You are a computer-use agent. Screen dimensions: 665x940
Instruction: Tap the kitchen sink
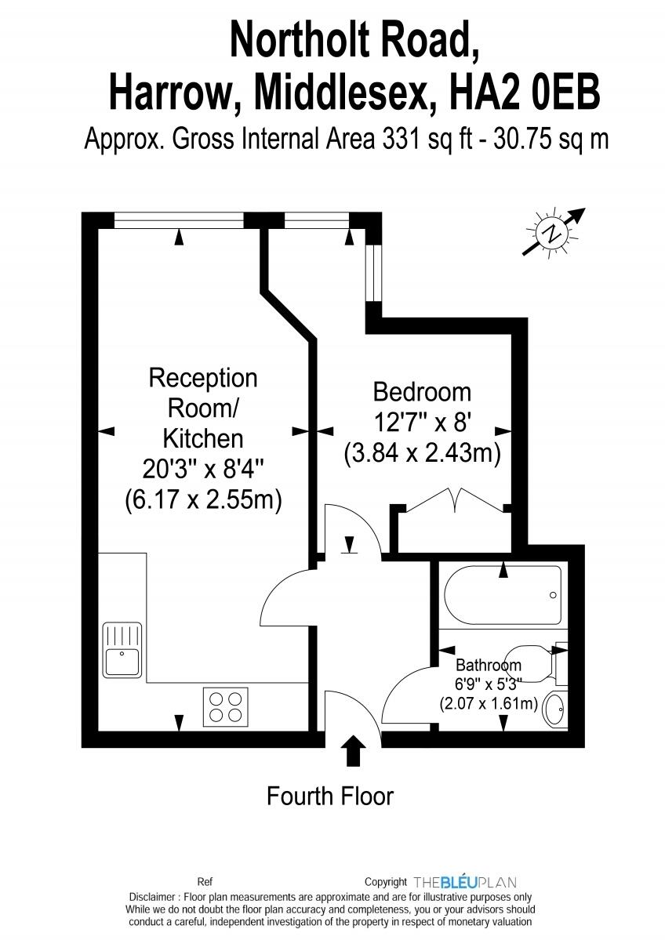pyautogui.click(x=122, y=651)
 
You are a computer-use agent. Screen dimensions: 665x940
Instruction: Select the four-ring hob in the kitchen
pyautogui.click(x=226, y=707)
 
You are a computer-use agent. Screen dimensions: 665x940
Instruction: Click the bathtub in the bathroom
pyautogui.click(x=503, y=595)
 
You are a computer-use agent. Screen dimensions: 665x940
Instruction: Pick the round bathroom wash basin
pyautogui.click(x=555, y=710)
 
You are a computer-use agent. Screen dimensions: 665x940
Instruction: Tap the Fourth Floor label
pyautogui.click(x=330, y=796)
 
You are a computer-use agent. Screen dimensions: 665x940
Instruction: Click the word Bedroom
pyautogui.click(x=422, y=392)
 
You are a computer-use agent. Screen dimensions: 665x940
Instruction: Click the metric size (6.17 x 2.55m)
pyautogui.click(x=203, y=499)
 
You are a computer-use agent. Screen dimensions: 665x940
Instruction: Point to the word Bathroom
pyautogui.click(x=489, y=665)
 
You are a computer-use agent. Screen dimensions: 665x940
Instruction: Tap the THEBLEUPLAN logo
pyautogui.click(x=465, y=882)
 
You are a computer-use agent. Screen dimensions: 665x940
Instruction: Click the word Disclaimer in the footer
pyautogui.click(x=151, y=898)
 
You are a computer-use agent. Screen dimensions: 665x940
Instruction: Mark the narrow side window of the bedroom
pyautogui.click(x=373, y=272)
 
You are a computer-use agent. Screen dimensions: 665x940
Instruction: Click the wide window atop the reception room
pyautogui.click(x=179, y=220)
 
